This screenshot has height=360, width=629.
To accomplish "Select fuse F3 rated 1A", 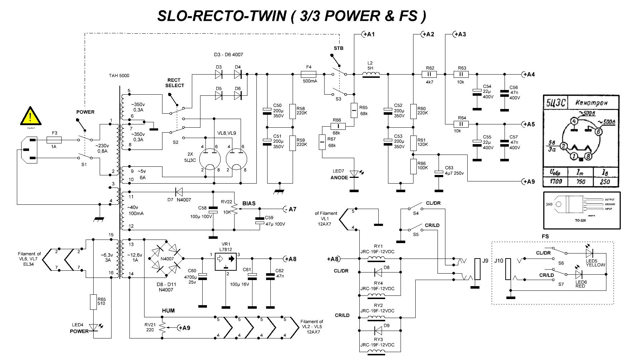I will (55, 140).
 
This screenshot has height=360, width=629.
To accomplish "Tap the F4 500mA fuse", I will (308, 75).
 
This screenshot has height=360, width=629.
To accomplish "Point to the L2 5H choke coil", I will (371, 74).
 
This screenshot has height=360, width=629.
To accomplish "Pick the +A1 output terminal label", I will (368, 34).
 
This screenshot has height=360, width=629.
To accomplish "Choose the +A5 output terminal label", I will (528, 124).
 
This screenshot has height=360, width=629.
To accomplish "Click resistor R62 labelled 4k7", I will (430, 75).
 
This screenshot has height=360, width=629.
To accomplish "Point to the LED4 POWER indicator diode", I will (94, 327).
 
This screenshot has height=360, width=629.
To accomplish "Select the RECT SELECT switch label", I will (175, 83).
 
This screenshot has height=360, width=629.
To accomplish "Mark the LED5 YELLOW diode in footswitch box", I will (589, 254).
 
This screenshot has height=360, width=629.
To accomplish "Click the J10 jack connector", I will (508, 269).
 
